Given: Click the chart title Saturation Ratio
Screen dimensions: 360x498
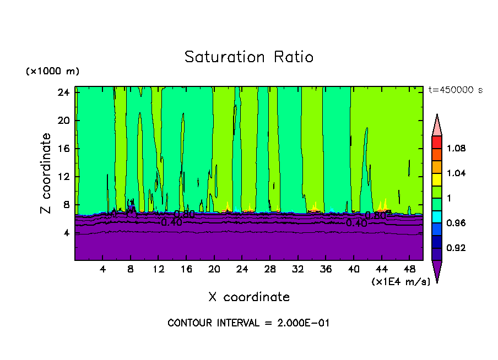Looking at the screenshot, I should pyautogui.click(x=249, y=57).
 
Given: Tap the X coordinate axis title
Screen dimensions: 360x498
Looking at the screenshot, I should pyautogui.click(x=249, y=297).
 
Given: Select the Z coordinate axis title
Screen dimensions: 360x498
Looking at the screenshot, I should pyautogui.click(x=46, y=173).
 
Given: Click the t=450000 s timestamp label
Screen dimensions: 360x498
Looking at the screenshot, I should pyautogui.click(x=455, y=90).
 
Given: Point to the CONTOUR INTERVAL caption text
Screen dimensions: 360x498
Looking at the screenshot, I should pyautogui.click(x=248, y=323).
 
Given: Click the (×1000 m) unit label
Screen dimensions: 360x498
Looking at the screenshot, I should pyautogui.click(x=52, y=72).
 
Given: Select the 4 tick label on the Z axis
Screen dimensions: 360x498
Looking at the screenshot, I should pyautogui.click(x=66, y=233).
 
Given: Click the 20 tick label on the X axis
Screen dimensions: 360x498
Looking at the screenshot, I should pyautogui.click(x=214, y=269).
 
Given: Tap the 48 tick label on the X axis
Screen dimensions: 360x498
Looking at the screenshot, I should pyautogui.click(x=409, y=269).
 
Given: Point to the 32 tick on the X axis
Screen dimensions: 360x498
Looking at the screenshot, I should pyautogui.click(x=297, y=269).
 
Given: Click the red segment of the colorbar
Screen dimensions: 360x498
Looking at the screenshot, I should pyautogui.click(x=437, y=141).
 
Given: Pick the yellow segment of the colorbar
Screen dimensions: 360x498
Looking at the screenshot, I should pyautogui.click(x=437, y=179).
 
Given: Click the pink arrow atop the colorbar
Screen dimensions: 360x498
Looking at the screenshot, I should pyautogui.click(x=437, y=125).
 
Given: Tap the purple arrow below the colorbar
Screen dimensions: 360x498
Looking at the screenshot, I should pyautogui.click(x=437, y=270).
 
